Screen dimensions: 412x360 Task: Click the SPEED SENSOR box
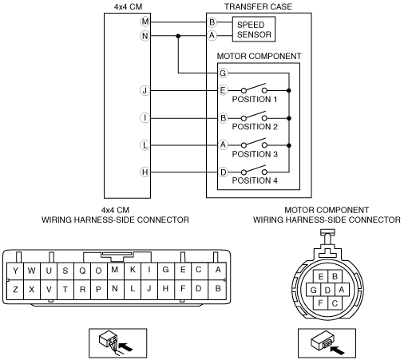pos(254,30)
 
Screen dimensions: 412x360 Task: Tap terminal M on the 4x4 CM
pos(145,22)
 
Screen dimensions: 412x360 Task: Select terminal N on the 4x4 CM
pos(145,36)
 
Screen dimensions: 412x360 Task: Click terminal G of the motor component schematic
pos(223,73)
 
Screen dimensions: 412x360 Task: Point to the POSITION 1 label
pos(255,99)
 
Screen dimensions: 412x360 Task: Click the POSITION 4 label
pos(255,180)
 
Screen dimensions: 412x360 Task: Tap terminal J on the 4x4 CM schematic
pos(145,90)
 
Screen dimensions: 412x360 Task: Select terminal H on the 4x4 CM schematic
pos(145,172)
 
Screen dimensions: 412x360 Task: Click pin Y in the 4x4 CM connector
pos(15,271)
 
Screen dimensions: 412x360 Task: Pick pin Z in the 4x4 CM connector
pos(15,289)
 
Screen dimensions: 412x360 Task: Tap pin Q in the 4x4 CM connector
pos(82,271)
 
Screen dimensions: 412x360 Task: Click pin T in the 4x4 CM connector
pos(65,289)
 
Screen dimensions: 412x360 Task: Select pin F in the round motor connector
pos(320,303)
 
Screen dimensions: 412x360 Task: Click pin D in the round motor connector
pos(327,290)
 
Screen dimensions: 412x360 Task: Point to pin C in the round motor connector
pos(335,303)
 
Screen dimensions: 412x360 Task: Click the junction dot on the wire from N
pos(178,36)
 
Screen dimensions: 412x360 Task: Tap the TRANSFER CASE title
pos(258,6)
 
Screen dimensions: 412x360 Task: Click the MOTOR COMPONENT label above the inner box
pos(259,56)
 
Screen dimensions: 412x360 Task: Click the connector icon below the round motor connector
pos(327,343)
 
